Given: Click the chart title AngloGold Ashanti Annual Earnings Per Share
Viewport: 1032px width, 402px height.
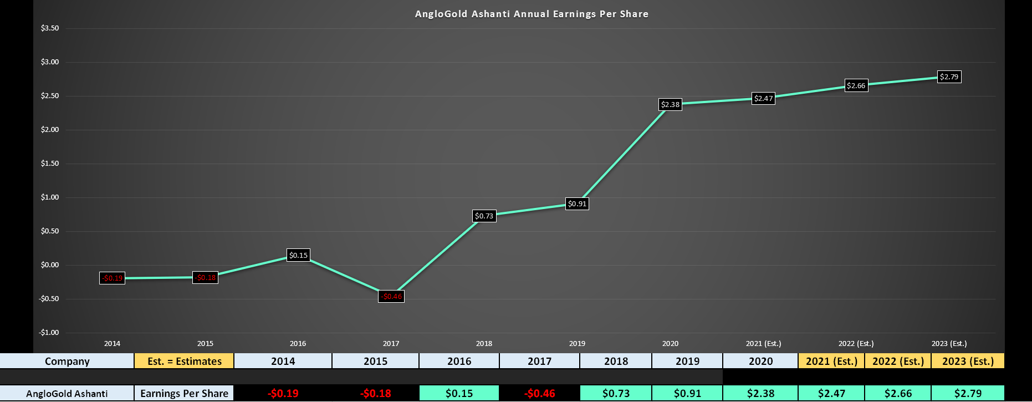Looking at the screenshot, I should pyautogui.click(x=532, y=14).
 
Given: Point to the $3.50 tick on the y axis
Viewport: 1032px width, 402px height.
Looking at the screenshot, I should pyautogui.click(x=50, y=28).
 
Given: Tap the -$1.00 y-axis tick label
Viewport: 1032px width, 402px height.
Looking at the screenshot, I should pyautogui.click(x=49, y=333).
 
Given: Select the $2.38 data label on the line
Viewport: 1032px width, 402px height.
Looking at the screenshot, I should pyautogui.click(x=670, y=104).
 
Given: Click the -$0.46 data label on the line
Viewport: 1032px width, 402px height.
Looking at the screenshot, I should pyautogui.click(x=391, y=297).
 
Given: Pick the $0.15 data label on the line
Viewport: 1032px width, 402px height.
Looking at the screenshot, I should pyautogui.click(x=298, y=256).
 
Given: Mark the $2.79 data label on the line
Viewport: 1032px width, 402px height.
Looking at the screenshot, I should pyautogui.click(x=949, y=77).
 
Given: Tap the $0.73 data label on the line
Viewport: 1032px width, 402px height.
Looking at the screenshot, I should pyautogui.click(x=484, y=216).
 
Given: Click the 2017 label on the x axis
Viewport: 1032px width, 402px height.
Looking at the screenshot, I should pyautogui.click(x=391, y=344).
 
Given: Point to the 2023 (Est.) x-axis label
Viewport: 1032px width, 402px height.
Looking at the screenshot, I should pyautogui.click(x=949, y=344).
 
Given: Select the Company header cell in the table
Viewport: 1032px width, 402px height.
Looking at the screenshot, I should pyautogui.click(x=67, y=362).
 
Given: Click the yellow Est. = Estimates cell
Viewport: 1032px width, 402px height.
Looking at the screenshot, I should pyautogui.click(x=185, y=362).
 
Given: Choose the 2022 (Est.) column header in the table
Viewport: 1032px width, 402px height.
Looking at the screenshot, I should pyautogui.click(x=898, y=362).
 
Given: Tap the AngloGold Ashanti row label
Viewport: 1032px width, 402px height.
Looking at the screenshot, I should pyautogui.click(x=67, y=394).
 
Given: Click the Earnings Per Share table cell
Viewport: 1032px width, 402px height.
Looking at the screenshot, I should pyautogui.click(x=185, y=394).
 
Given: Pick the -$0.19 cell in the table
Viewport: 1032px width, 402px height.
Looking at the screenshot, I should pyautogui.click(x=283, y=394).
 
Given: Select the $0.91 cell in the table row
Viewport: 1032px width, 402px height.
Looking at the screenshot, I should pyautogui.click(x=687, y=394).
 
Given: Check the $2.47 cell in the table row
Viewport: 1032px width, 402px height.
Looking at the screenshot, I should pyautogui.click(x=831, y=394).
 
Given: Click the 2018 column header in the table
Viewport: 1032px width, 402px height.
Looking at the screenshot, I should pyautogui.click(x=616, y=362).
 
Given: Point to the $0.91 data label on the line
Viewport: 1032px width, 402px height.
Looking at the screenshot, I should pyautogui.click(x=577, y=204).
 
